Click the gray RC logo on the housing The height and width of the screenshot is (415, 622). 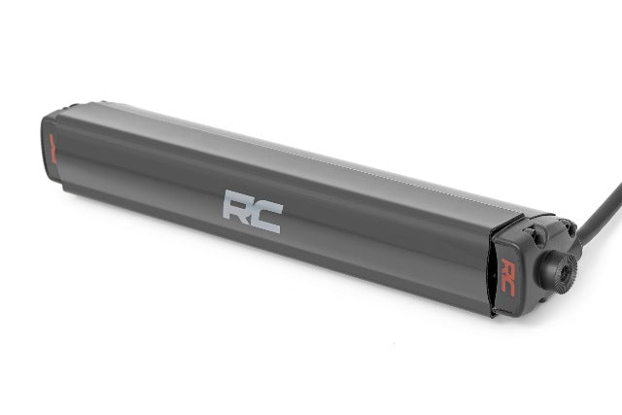click(x=252, y=210)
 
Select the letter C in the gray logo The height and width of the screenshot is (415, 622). click(x=266, y=215)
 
